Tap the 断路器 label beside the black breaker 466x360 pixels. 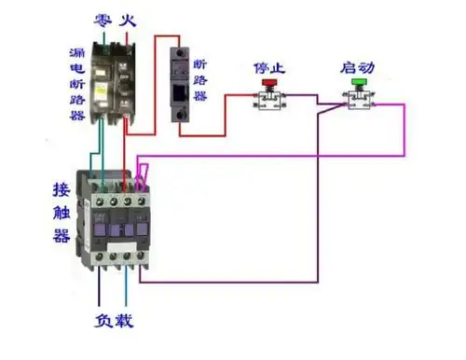199,80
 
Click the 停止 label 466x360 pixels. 269,67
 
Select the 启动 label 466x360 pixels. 358,67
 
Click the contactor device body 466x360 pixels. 116,224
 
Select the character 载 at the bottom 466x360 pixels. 126,322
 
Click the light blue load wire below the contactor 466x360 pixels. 124,289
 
